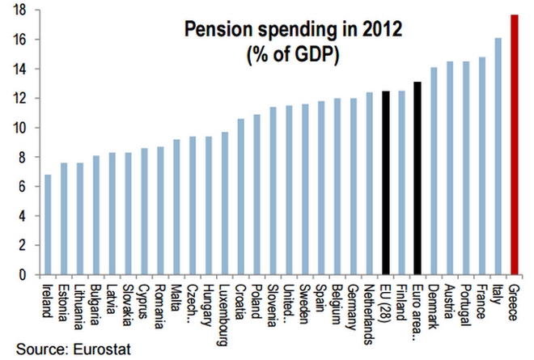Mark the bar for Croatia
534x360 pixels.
241,197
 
